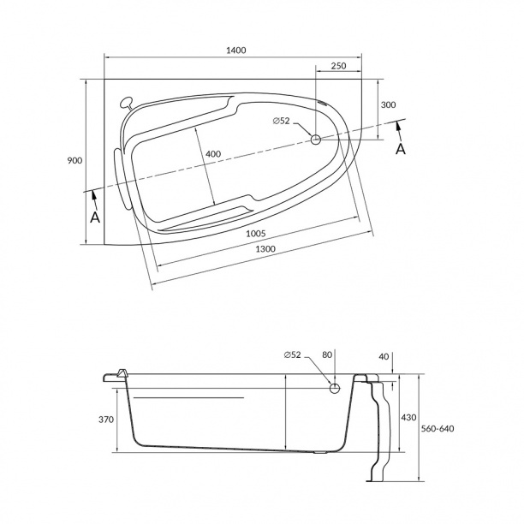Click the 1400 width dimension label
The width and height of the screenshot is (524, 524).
coord(236,51)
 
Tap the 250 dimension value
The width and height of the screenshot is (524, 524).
coord(338,66)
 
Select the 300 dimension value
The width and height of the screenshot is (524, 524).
coord(389,104)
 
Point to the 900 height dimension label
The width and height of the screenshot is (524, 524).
coord(74,160)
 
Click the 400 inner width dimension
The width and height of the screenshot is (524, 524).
coord(213,154)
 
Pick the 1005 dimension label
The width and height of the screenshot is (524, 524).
coord(256,233)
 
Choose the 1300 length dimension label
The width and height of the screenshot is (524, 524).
coord(265,249)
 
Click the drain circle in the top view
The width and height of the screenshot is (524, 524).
coord(316,140)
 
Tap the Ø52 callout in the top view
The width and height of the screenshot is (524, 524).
coord(281,121)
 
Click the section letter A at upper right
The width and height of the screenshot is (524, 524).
coord(401,149)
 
